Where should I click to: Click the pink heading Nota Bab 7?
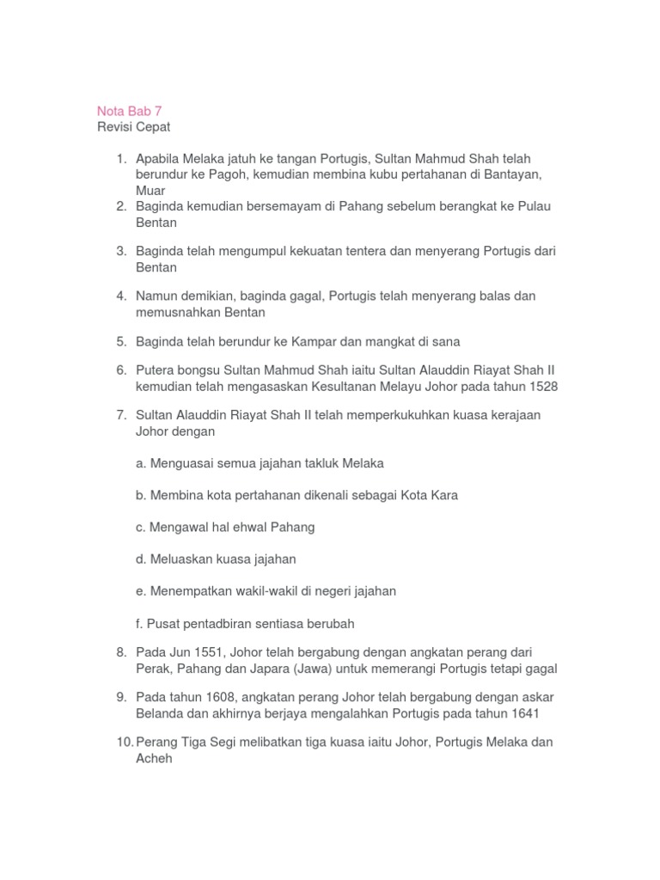[128, 111]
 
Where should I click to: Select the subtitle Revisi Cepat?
[133, 127]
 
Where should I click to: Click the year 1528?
[542, 387]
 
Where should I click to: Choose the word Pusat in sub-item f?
[164, 623]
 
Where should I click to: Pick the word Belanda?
[161, 715]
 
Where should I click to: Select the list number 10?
[123, 743]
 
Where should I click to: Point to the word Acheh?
[155, 760]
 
